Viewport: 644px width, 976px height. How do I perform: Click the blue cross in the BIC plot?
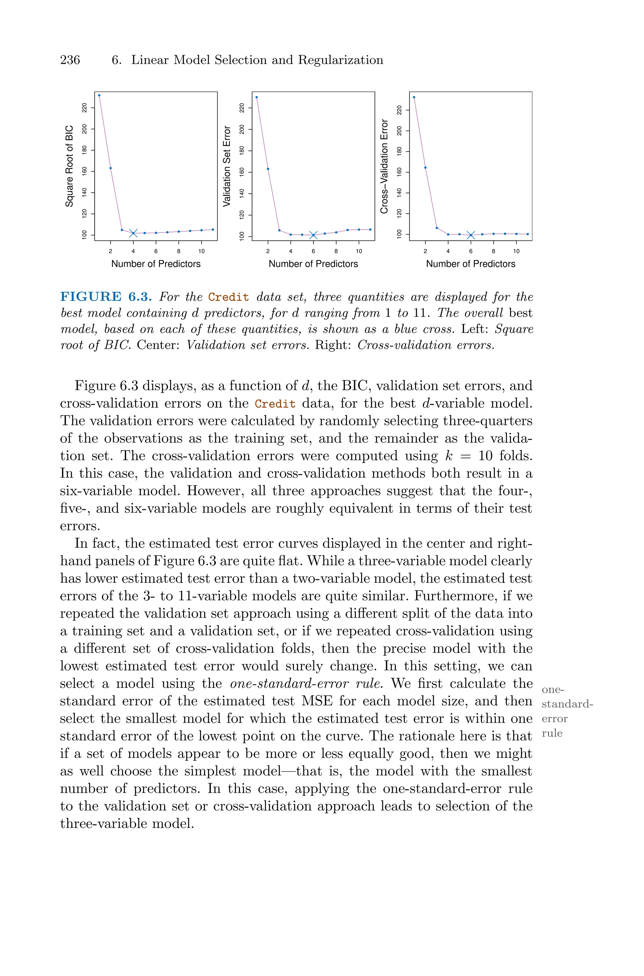pos(133,233)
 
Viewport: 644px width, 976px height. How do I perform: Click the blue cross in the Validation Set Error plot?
pos(314,235)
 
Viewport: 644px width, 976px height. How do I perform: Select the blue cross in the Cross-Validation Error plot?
pos(471,235)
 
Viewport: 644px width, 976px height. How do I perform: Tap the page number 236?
pos(70,60)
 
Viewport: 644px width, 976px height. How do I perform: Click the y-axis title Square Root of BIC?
pos(69,166)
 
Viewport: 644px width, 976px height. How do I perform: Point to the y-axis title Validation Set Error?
pos(227,166)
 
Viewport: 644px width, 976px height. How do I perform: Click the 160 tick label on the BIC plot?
pos(85,171)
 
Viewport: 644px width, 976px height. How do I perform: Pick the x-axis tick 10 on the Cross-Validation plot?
pos(516,251)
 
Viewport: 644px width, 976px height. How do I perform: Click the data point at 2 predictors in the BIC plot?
pos(110,168)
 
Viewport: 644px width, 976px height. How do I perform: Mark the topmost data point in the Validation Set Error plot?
pos(257,97)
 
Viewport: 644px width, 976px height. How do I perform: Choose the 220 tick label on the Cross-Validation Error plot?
pos(399,110)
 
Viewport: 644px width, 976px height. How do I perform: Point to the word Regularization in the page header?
pos(341,60)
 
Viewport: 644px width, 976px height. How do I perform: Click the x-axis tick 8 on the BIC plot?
pos(179,251)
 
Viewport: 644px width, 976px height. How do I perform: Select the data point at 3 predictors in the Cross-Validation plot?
pos(436,228)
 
